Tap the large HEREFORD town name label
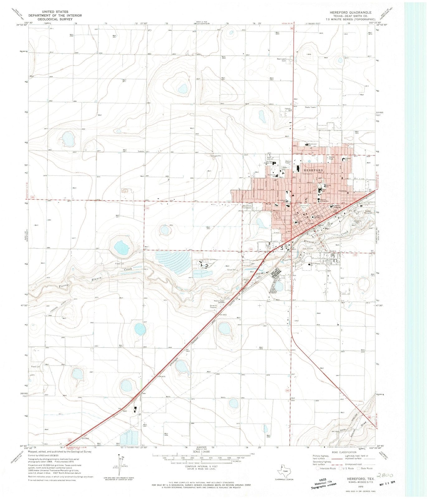tap(310, 167)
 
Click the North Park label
tap(332, 158)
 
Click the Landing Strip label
tap(64, 304)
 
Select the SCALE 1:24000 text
tap(202, 451)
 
